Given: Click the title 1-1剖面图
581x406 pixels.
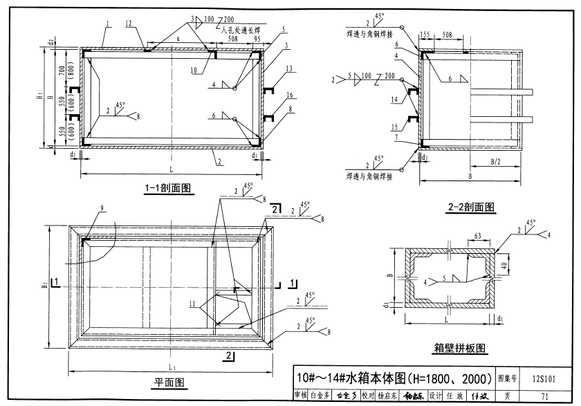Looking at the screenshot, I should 168,187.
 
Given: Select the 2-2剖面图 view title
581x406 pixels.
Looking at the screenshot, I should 471,206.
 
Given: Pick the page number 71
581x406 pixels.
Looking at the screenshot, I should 545,396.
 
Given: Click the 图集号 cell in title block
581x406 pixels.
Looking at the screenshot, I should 510,378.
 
